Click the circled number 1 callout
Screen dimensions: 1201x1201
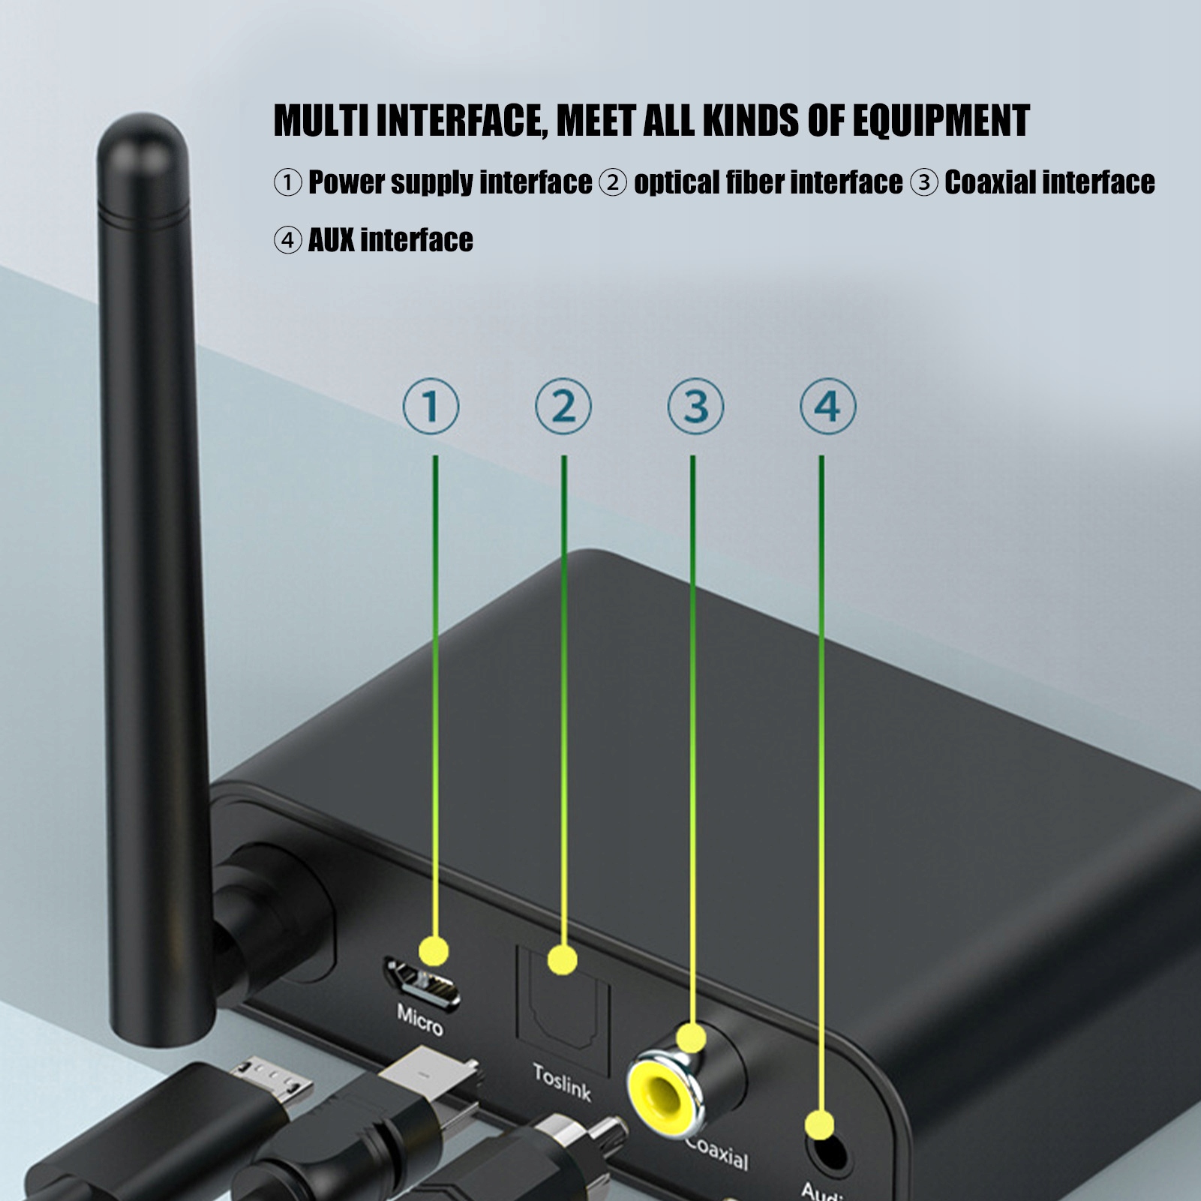[x=431, y=407]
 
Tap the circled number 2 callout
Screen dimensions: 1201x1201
[x=563, y=407]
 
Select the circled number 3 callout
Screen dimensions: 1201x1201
[x=695, y=407]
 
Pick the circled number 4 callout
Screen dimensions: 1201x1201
[x=827, y=407]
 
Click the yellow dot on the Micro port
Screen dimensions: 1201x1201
[x=434, y=950]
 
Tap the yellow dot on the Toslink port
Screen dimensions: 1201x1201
[x=563, y=960]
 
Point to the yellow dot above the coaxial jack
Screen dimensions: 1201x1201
[x=691, y=1038]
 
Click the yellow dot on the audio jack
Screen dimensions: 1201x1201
[x=819, y=1126]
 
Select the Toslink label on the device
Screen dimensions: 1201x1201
[x=562, y=1082]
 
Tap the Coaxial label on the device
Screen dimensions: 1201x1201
[x=718, y=1154]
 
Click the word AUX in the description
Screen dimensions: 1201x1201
[x=331, y=240]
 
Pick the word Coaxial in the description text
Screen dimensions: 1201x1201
[x=989, y=182]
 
